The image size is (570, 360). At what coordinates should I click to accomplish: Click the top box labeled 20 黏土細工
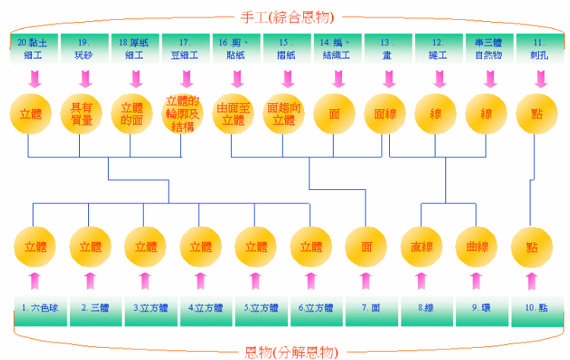tap(34, 48)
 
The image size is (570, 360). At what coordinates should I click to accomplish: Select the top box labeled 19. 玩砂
tap(84, 48)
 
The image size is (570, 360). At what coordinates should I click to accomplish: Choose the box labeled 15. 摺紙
tap(286, 48)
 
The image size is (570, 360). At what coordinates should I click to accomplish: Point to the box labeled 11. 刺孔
tap(539, 48)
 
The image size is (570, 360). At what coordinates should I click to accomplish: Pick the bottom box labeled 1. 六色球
tap(35, 309)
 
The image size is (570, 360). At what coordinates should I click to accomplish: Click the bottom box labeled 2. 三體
tap(90, 309)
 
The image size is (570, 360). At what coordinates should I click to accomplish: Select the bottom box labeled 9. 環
tap(476, 309)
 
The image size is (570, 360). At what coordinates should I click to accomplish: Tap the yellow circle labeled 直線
tap(422, 248)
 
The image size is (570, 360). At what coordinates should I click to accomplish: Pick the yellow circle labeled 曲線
tap(477, 248)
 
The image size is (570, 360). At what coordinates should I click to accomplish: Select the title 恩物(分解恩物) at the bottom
tap(290, 351)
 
